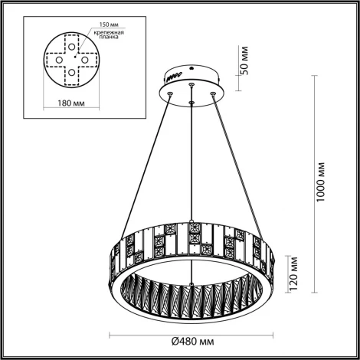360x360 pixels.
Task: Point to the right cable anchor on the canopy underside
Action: click(x=211, y=93)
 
